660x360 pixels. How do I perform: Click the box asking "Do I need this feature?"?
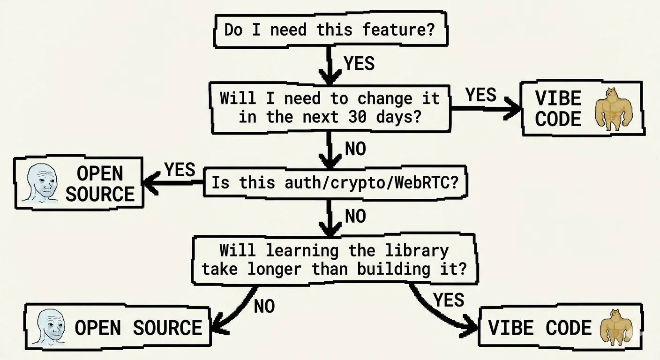pos(330,30)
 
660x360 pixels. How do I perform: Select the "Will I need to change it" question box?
pos(330,108)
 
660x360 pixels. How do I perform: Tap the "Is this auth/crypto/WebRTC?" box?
pos(335,183)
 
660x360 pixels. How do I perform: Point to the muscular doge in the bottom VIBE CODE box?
pos(613,328)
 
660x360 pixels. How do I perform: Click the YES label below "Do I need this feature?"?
pos(359,63)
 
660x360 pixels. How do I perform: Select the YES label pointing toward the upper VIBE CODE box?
pos(480,95)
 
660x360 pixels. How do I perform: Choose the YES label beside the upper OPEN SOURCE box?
pos(180,170)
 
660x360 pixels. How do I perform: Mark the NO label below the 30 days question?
pos(355,149)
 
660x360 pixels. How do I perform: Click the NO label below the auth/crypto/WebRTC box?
pos(355,217)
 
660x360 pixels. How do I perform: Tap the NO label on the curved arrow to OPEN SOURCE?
pos(264,307)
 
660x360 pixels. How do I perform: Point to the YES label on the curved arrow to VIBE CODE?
pos(449,300)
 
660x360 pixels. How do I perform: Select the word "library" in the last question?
pos(417,250)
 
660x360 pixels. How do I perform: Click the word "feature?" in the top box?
pos(398,30)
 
